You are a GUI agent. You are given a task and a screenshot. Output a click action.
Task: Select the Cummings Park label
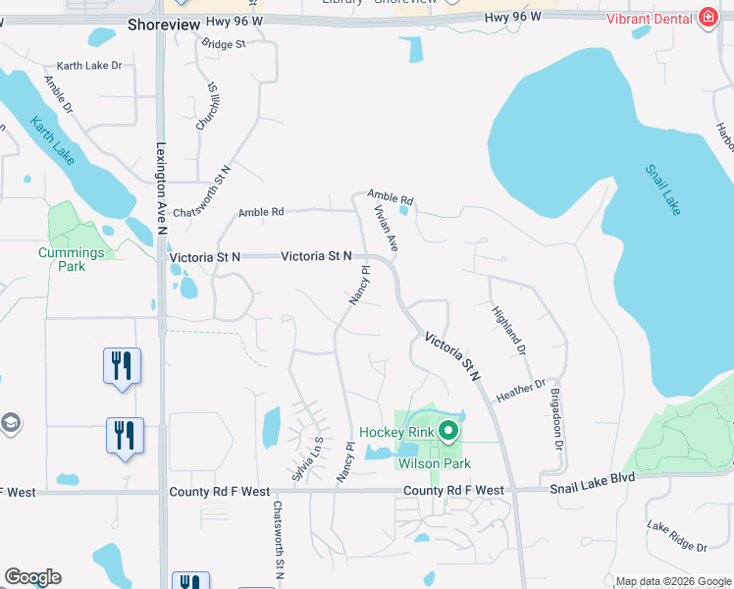(x=71, y=259)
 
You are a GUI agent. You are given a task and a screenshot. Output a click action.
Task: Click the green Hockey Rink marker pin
(x=448, y=430)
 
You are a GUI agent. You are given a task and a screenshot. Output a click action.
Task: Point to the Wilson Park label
(x=434, y=463)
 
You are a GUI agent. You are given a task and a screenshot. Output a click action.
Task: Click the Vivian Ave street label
(x=385, y=228)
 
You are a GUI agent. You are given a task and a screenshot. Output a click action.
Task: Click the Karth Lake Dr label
(x=88, y=66)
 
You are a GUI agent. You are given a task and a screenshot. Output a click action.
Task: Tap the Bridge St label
(x=223, y=44)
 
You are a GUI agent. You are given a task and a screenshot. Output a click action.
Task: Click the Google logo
(x=32, y=577)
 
